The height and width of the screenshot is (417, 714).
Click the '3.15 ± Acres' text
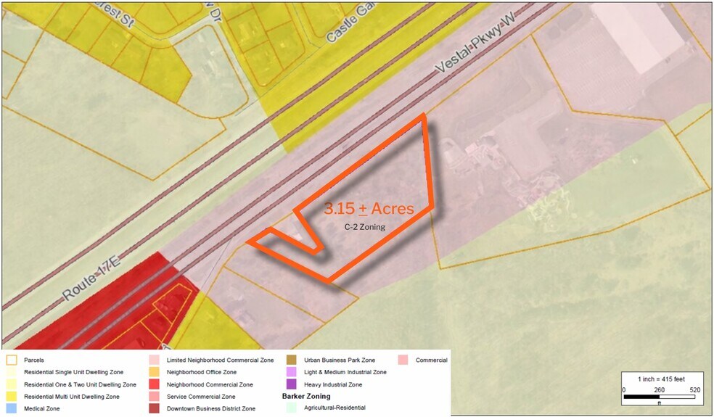coord(369,209)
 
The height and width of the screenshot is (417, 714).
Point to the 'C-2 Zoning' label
coord(364,227)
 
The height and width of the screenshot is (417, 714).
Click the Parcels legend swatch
coord(12,360)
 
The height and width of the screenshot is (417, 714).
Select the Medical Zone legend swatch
coord(12,409)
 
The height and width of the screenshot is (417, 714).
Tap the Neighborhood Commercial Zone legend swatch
coord(153,384)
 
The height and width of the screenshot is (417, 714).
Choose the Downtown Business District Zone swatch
coord(153,409)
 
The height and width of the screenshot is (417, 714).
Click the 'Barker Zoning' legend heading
coord(305,397)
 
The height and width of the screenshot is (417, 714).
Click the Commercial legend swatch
coord(403,360)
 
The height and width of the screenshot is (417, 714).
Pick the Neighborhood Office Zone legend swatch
coord(153,372)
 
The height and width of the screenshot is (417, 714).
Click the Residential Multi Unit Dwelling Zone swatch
coord(12,397)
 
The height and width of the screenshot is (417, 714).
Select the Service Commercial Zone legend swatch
coord(153,397)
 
